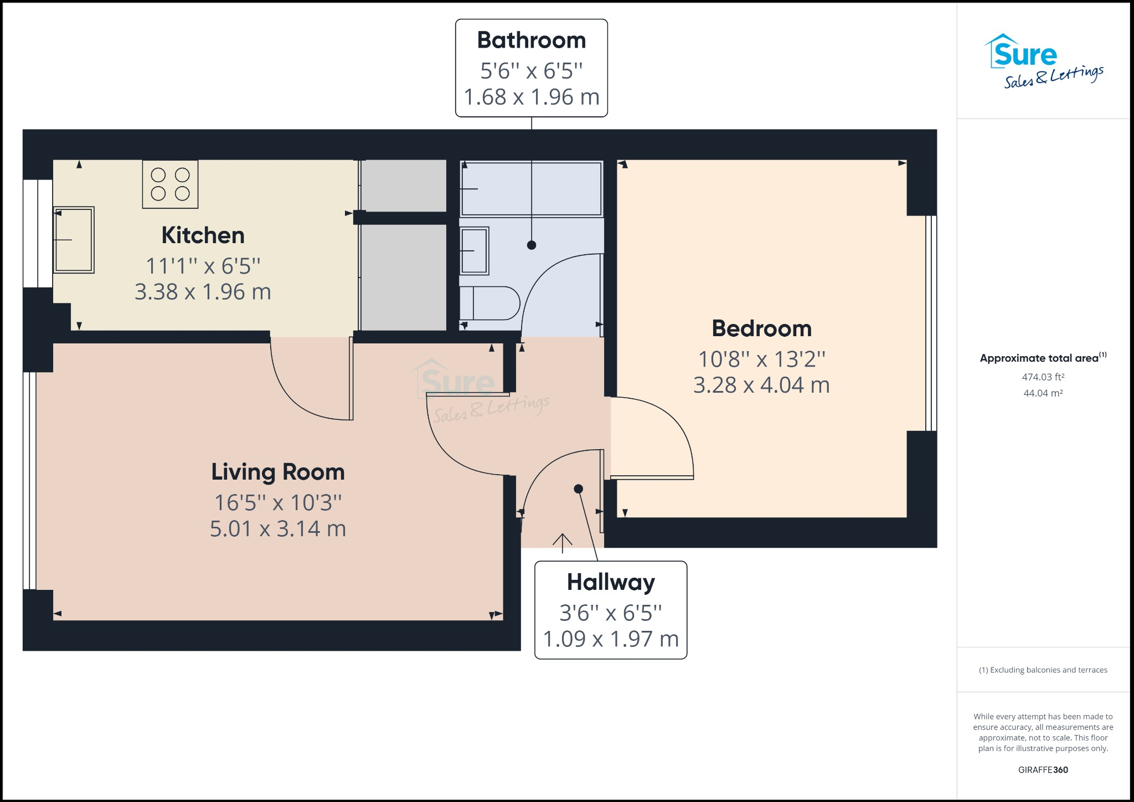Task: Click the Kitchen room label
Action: click(203, 235)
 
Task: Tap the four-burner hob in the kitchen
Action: click(170, 184)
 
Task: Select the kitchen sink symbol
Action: click(74, 240)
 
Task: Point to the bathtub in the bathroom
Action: click(532, 188)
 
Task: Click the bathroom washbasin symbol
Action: click(475, 251)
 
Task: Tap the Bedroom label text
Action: click(761, 328)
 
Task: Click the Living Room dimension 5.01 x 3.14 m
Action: click(278, 528)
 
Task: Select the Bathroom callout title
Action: click(532, 40)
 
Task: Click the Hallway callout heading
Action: click(611, 582)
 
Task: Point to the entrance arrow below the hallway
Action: click(563, 543)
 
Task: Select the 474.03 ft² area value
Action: click(1043, 377)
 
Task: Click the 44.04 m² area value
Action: click(1043, 393)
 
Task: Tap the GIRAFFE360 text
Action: click(1043, 770)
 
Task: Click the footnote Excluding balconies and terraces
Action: click(1043, 670)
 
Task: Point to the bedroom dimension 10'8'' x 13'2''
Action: click(761, 359)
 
